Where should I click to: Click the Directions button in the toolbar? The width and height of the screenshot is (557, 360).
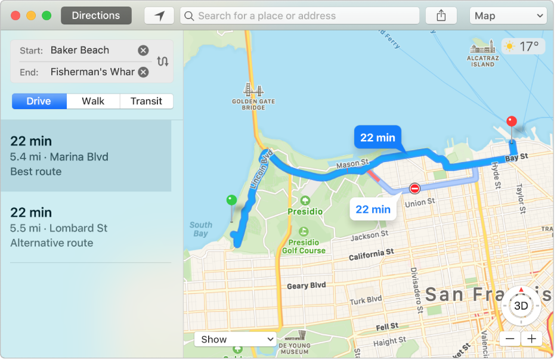(x=96, y=15)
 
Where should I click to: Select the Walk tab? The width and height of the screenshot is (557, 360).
(x=93, y=101)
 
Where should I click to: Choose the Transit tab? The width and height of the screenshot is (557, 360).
(x=146, y=101)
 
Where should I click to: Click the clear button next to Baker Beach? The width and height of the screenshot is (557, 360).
(x=143, y=51)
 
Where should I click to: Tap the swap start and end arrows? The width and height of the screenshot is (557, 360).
(x=162, y=61)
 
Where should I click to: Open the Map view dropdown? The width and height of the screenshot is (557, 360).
(x=508, y=16)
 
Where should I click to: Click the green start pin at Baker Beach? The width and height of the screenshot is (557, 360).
(x=231, y=201)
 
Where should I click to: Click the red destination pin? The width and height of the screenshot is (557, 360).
(x=511, y=122)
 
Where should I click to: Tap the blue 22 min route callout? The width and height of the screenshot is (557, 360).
(x=377, y=138)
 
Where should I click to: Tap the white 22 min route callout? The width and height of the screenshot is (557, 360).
(x=373, y=209)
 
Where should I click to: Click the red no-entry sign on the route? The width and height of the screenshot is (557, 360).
(x=415, y=189)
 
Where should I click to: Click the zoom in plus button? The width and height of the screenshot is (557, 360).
(x=531, y=339)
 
